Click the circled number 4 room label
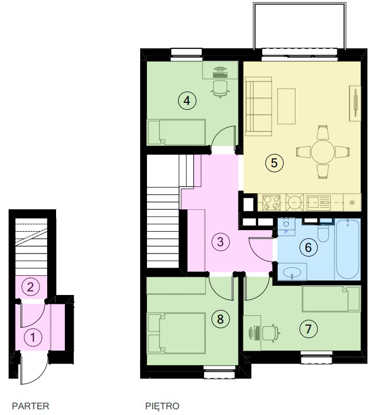point(187,101)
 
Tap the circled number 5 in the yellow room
point(274,163)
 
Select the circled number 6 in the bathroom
point(308,247)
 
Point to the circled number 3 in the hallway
point(220,242)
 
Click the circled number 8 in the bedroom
point(220,319)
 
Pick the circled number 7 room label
point(308,329)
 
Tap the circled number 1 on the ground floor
point(33,337)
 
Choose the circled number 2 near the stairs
point(31,287)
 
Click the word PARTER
point(31,406)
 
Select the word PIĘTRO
point(162,406)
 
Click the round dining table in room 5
point(323,152)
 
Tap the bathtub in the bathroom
point(347,249)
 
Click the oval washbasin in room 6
point(291,272)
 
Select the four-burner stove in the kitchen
point(271,203)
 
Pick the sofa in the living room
point(259,106)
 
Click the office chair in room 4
point(220,89)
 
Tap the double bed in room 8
point(177,333)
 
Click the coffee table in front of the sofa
point(286,106)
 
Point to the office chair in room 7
point(271,333)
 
